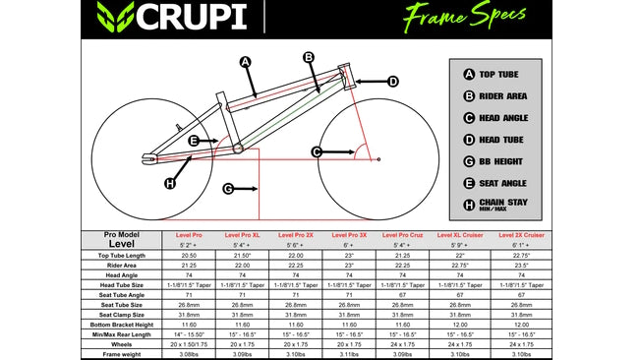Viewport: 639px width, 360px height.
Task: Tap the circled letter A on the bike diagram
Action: point(246,61)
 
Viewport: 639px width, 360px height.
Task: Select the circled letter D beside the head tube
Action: point(392,82)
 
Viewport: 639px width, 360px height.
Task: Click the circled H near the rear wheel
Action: point(170,183)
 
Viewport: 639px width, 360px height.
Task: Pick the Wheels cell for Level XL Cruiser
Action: point(461,344)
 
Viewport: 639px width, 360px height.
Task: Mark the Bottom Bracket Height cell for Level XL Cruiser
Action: point(461,324)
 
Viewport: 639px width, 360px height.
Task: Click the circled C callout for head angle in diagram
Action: point(317,151)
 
